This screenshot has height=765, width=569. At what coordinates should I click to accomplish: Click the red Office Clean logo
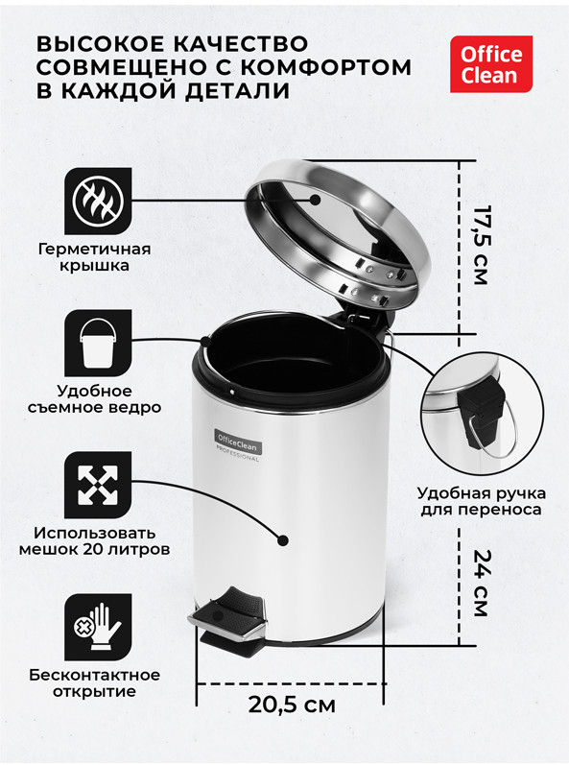[x=491, y=64]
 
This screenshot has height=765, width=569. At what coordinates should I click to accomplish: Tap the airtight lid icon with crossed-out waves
[x=98, y=201]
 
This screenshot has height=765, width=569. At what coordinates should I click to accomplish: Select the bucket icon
[x=98, y=343]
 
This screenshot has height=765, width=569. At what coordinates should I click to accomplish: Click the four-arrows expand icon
[x=98, y=485]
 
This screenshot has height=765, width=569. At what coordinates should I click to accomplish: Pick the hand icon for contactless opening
[x=98, y=628]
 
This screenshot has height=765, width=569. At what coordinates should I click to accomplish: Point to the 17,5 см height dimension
[x=481, y=246]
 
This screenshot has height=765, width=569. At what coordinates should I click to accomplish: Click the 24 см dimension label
[x=481, y=584]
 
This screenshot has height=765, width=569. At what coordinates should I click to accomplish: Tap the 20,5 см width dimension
[x=292, y=705]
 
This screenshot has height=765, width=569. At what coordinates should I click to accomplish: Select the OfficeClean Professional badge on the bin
[x=238, y=445]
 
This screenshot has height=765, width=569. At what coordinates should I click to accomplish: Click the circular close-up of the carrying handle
[x=483, y=413]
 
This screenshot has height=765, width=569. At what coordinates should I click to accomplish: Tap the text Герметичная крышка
[x=95, y=257]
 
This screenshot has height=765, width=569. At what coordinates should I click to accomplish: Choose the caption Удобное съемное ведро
[x=95, y=399]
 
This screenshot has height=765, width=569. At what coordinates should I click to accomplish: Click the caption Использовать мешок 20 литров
[x=95, y=541]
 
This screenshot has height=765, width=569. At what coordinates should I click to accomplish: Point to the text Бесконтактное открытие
[x=95, y=683]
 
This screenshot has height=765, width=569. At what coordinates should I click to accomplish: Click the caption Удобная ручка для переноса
[x=482, y=502]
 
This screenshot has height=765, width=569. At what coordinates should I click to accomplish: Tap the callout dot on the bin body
[x=283, y=540]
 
